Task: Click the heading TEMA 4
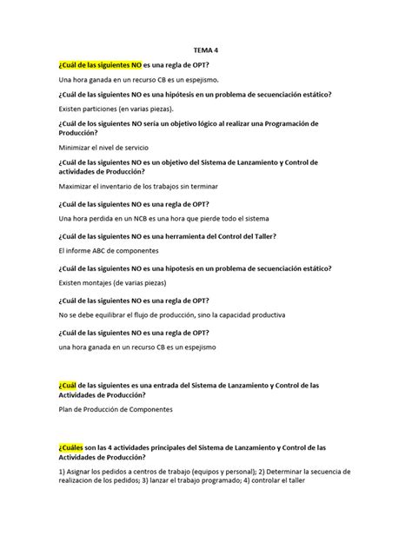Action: (205, 50)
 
